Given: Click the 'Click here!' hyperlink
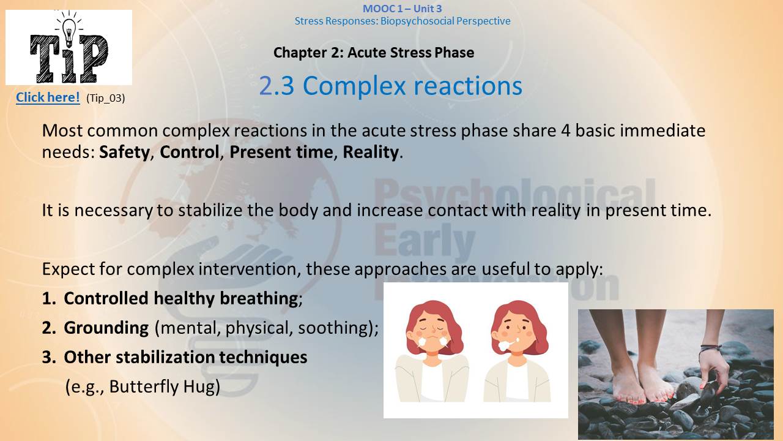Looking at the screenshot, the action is tap(48, 97).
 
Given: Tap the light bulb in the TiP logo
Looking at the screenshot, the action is tap(69, 31).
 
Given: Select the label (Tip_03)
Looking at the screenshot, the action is tap(106, 98).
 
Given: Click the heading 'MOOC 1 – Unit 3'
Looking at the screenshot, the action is tap(403, 9).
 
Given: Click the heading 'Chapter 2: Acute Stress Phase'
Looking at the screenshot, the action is tap(374, 53).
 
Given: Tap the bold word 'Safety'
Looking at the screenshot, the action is tap(124, 153).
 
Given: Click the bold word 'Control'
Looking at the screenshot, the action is tap(190, 152).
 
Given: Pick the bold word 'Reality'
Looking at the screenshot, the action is tap(371, 153).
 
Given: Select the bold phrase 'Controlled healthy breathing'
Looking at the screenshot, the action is tap(181, 298).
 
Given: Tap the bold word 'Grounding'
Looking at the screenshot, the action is tap(106, 328).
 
